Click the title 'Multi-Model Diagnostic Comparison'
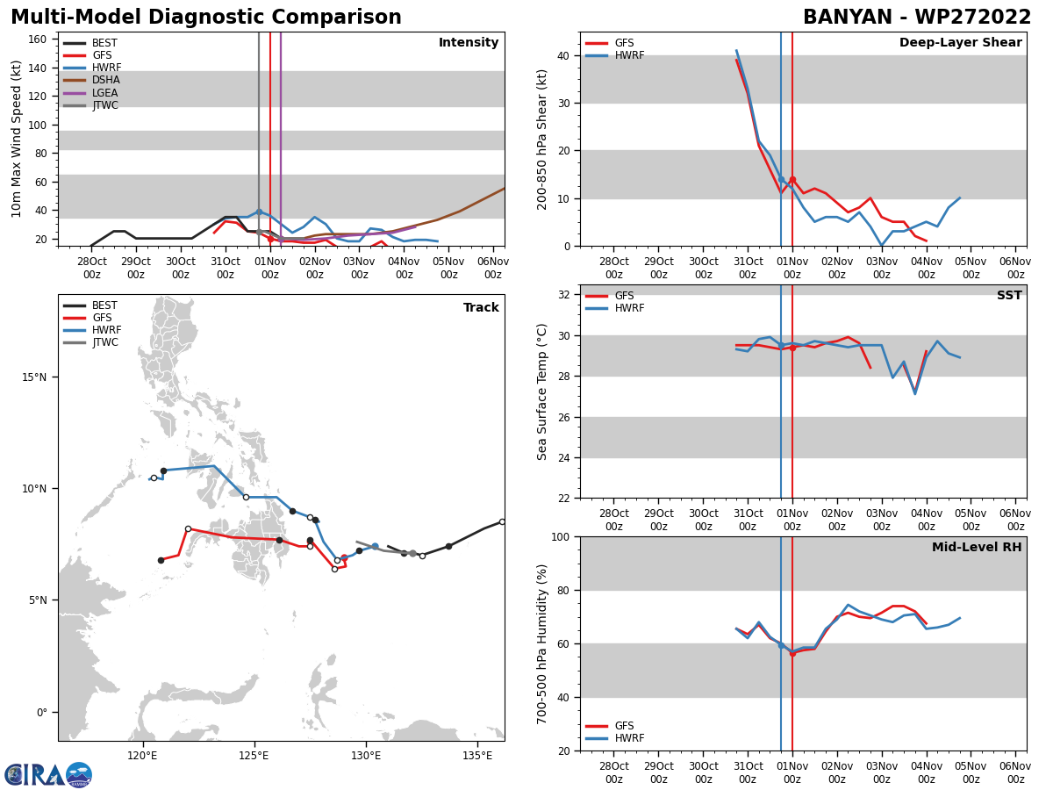[x=205, y=18]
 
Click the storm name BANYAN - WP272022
[x=917, y=18]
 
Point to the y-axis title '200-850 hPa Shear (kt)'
[x=542, y=139]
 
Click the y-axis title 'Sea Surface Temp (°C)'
[x=542, y=391]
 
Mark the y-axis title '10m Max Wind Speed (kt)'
[x=17, y=139]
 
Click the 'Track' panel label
[x=481, y=308]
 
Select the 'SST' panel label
[x=1009, y=296]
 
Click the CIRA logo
[x=47, y=775]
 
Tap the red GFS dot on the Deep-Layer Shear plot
[x=792, y=180]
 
